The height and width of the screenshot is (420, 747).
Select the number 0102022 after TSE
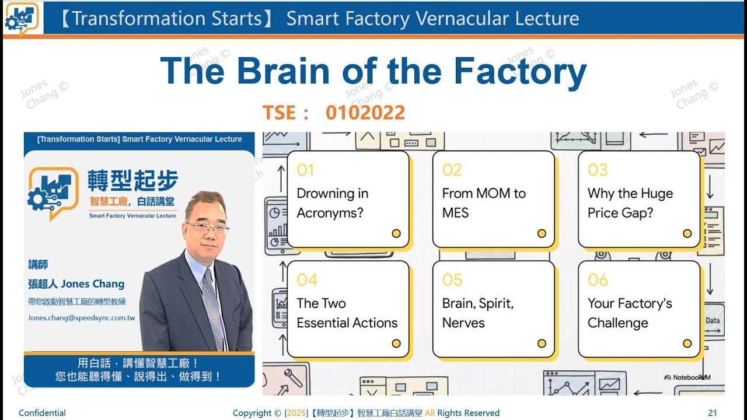point(365,113)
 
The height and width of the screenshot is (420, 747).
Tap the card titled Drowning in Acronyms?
point(348,199)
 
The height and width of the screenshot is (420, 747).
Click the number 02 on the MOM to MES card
point(452,170)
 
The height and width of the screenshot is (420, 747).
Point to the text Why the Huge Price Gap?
point(630,203)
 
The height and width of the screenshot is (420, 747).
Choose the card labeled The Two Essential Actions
point(348,309)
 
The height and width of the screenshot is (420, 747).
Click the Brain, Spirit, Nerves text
point(477,313)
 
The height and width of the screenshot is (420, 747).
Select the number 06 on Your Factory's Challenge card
point(598,280)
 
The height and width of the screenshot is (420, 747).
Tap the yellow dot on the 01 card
point(396,233)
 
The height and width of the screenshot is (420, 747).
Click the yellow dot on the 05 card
point(542,343)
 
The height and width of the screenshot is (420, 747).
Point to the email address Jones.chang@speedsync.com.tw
point(82,318)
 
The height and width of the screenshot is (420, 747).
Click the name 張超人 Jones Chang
point(76,284)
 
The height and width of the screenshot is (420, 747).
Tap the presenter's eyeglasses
point(207,227)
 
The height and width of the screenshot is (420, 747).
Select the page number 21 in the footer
point(712,413)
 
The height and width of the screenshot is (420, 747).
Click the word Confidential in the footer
point(42,413)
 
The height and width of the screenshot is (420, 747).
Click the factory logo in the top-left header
point(21,17)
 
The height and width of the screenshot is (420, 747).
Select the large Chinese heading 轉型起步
point(132,181)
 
